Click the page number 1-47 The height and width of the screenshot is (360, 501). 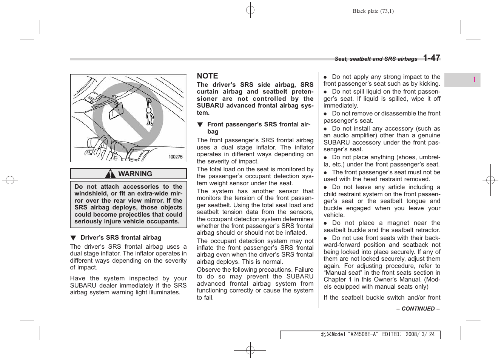[431, 58]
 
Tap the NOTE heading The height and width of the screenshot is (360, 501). [207, 76]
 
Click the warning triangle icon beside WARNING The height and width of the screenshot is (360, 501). [110, 174]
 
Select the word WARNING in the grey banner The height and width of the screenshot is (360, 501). [135, 174]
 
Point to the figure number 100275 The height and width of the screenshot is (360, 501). [175, 157]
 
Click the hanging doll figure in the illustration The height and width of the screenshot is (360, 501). [150, 112]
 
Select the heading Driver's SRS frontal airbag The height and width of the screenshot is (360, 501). [121, 238]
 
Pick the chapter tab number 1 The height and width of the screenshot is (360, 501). [474, 80]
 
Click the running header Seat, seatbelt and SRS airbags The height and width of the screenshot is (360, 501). [376, 59]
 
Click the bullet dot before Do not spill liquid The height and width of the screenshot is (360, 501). [325, 92]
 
